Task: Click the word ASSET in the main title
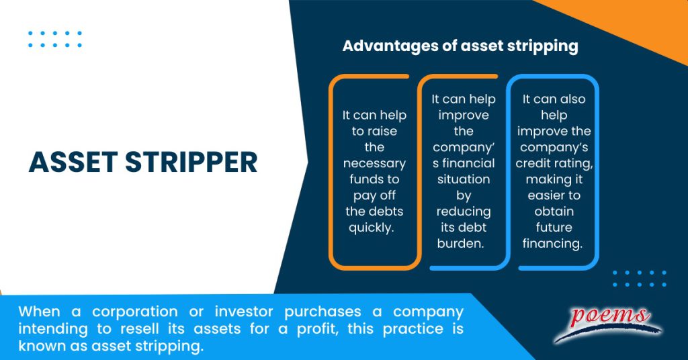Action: tap(71, 162)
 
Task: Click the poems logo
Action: tap(609, 321)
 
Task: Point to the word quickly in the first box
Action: tap(374, 227)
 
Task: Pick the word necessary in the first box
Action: tap(374, 163)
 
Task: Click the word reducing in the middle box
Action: tap(464, 211)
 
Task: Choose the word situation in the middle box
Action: tap(464, 179)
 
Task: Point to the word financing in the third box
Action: tap(552, 243)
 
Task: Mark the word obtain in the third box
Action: tap(552, 211)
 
